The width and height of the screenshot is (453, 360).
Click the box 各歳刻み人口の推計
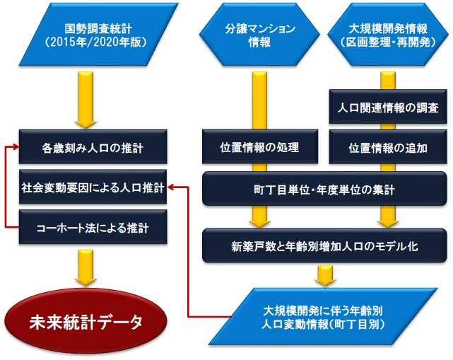[93, 149]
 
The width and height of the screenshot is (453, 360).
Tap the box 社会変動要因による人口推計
[93, 189]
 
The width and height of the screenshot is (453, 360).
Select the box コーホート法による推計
[93, 229]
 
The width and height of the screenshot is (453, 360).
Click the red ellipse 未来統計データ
[86, 322]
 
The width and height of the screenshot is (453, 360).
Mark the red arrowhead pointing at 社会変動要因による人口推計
[172, 189]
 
